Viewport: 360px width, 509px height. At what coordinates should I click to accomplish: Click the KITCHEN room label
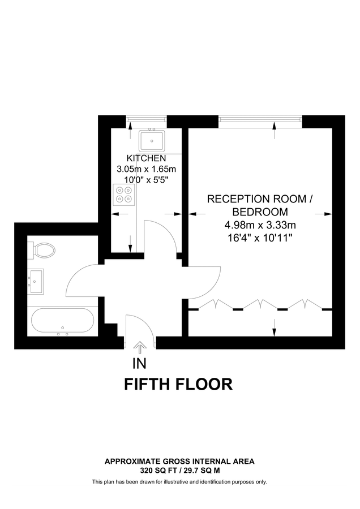click(x=146, y=158)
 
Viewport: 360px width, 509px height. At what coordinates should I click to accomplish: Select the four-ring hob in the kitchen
click(x=124, y=194)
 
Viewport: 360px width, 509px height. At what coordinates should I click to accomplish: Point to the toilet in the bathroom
click(x=44, y=249)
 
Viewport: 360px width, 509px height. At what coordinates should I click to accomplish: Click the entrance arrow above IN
click(x=139, y=347)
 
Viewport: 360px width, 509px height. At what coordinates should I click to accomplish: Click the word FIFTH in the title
click(x=149, y=385)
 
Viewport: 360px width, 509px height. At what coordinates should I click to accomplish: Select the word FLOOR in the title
click(x=205, y=385)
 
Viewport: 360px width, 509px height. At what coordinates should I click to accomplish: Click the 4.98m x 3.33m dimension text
click(x=260, y=225)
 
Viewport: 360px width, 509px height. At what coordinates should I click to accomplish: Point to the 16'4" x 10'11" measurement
click(x=260, y=238)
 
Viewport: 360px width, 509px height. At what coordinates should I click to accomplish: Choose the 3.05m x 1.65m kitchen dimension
click(x=146, y=169)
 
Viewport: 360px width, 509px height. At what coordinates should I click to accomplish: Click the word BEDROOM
click(x=260, y=212)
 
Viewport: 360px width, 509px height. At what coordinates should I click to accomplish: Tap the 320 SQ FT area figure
click(x=161, y=470)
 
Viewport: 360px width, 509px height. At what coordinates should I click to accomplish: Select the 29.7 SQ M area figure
click(x=200, y=470)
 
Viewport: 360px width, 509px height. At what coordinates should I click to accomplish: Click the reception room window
click(x=260, y=119)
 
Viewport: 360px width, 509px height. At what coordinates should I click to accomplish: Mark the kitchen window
click(x=146, y=119)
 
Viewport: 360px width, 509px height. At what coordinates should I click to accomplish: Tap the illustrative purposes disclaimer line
click(x=179, y=482)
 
